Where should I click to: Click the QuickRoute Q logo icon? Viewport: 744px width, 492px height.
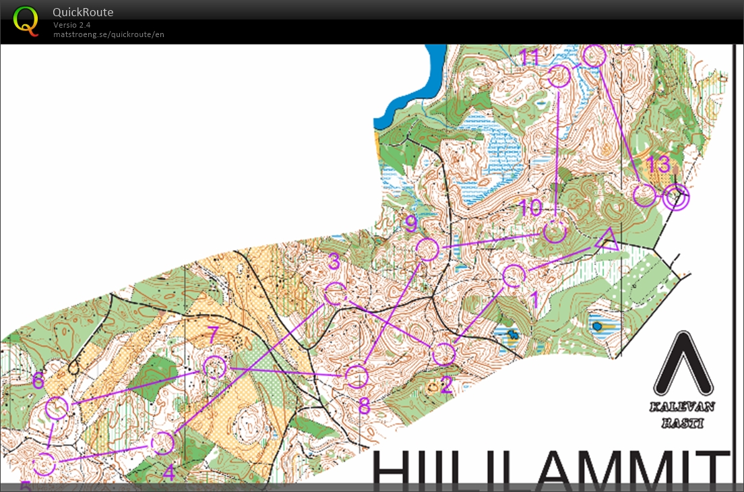pyautogui.click(x=26, y=20)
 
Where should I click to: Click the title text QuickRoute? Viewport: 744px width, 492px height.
pyautogui.click(x=84, y=12)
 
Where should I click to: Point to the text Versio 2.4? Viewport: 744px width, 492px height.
pyautogui.click(x=72, y=25)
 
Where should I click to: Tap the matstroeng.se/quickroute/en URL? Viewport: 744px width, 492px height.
pyautogui.click(x=108, y=34)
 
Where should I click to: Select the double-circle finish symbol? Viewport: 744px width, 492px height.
pyautogui.click(x=675, y=197)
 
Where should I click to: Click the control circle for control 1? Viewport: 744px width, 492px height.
pyautogui.click(x=514, y=276)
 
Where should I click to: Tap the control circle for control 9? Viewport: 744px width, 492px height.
pyautogui.click(x=427, y=249)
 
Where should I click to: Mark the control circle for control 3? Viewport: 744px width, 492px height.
pyautogui.click(x=336, y=295)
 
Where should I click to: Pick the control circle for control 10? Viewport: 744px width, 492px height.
pyautogui.click(x=554, y=232)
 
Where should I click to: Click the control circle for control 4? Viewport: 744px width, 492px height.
pyautogui.click(x=162, y=443)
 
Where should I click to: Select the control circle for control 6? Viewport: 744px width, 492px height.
pyautogui.click(x=57, y=408)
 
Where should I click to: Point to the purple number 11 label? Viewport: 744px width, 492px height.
pyautogui.click(x=530, y=57)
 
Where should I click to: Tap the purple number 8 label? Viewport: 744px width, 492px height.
pyautogui.click(x=364, y=406)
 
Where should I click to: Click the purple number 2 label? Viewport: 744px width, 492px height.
pyautogui.click(x=445, y=385)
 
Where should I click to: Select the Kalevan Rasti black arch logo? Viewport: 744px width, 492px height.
pyautogui.click(x=683, y=365)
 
